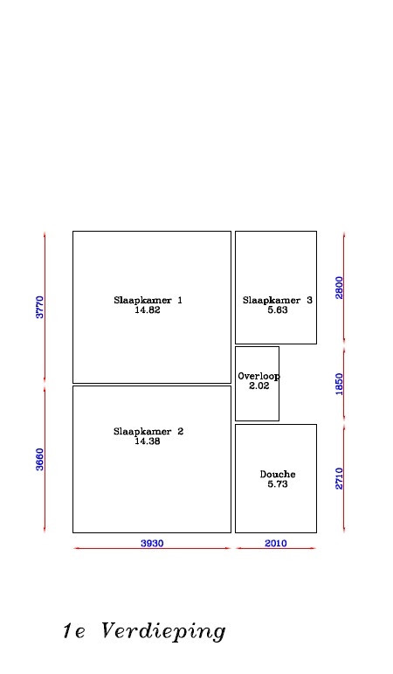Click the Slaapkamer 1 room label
tap(148, 300)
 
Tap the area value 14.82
tap(148, 310)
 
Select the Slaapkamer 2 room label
tap(148, 431)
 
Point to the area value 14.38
tap(148, 441)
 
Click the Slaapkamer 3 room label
tap(278, 300)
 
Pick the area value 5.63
tap(278, 310)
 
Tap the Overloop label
tap(259, 376)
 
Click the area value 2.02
tap(259, 386)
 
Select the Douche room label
tap(278, 474)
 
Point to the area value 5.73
tap(278, 484)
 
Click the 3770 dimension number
tap(39, 307)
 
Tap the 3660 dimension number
tap(39, 460)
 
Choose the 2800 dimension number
tap(340, 288)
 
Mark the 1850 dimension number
tap(340, 385)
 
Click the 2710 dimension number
tap(340, 478)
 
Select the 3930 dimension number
tap(152, 544)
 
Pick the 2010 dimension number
tap(276, 544)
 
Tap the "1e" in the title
tap(74, 631)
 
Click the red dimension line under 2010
tap(276, 548)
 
